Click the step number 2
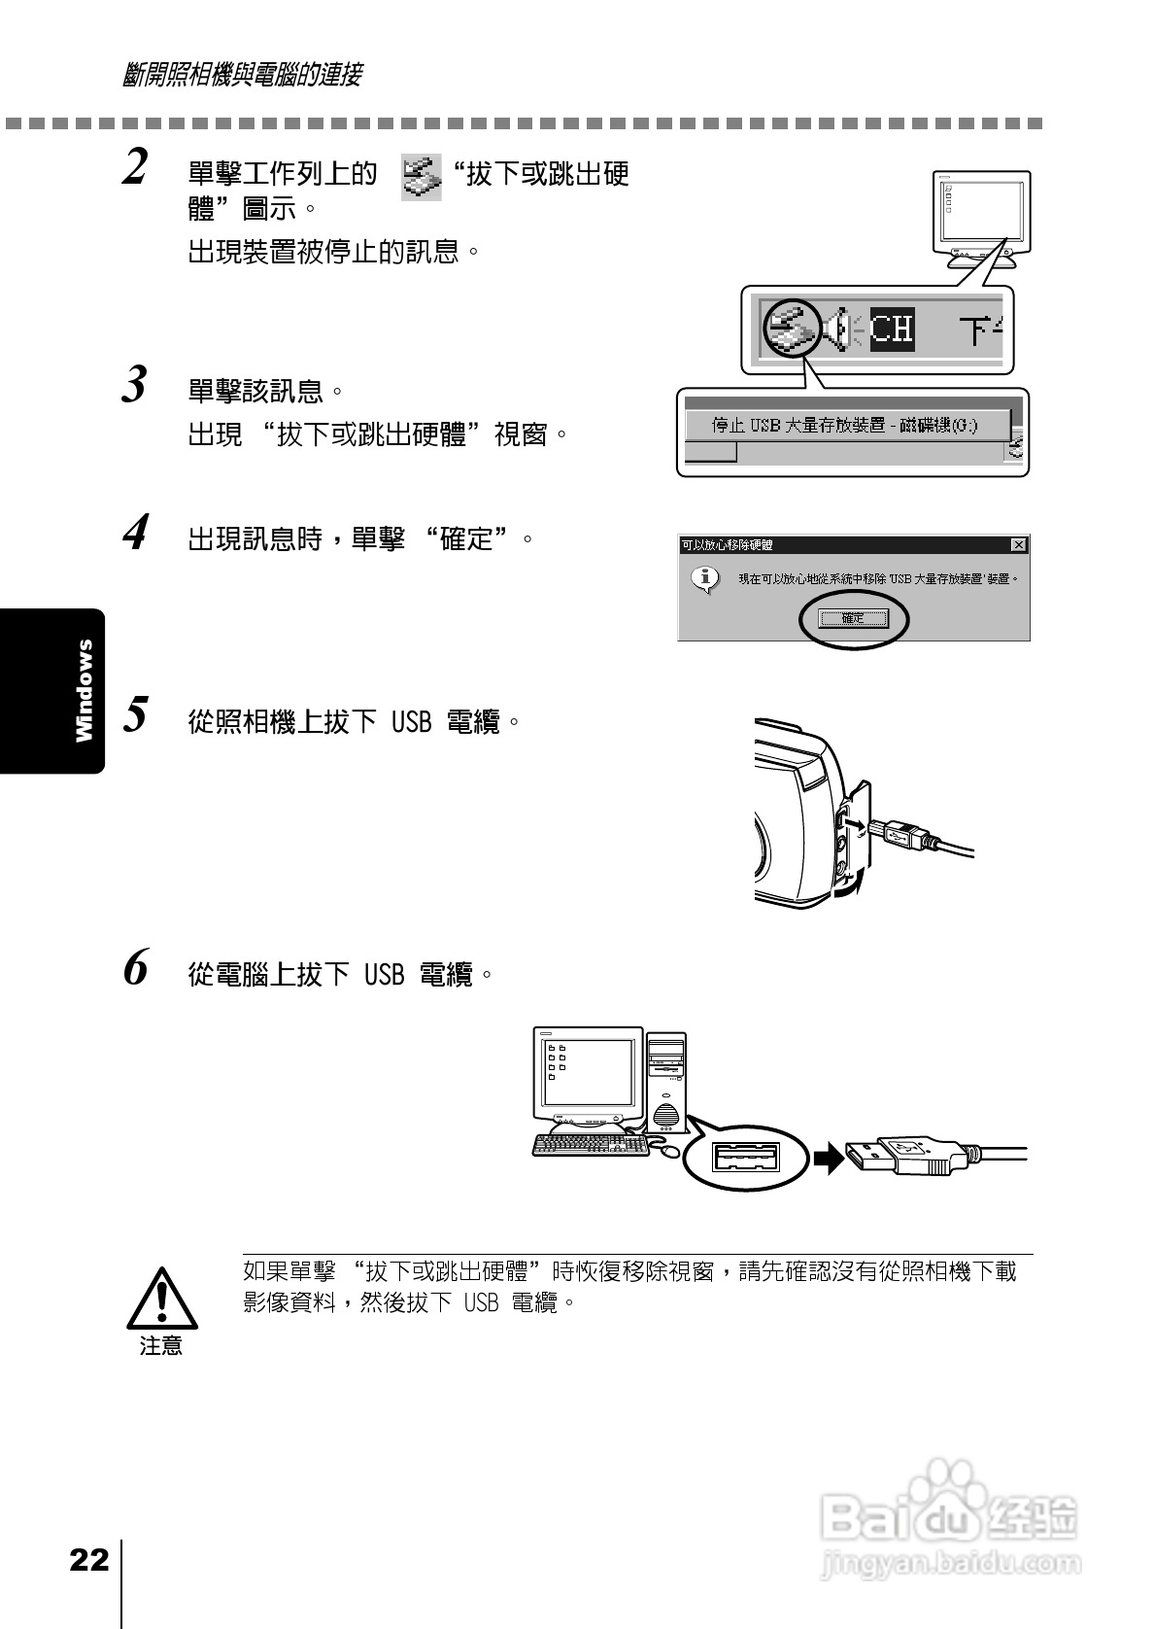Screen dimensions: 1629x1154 pos(136,167)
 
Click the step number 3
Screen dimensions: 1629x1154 pos(135,385)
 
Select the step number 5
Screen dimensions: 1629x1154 pos(135,715)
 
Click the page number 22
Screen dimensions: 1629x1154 pos(88,1561)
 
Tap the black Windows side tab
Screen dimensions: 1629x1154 pos(53,690)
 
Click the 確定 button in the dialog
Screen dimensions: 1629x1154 pos(853,618)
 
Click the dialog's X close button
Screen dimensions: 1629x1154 pos(1017,545)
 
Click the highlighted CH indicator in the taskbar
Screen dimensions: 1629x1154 pos(892,329)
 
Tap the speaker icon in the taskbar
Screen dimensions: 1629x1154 pos(841,329)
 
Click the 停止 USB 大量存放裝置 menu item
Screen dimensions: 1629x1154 pos(845,425)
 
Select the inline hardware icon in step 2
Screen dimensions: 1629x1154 pos(422,177)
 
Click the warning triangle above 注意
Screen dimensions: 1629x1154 pos(162,1300)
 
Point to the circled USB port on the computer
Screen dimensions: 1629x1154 pos(746,1157)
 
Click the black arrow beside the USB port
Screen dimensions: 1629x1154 pos(829,1158)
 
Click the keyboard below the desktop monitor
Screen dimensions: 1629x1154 pos(591,1145)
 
